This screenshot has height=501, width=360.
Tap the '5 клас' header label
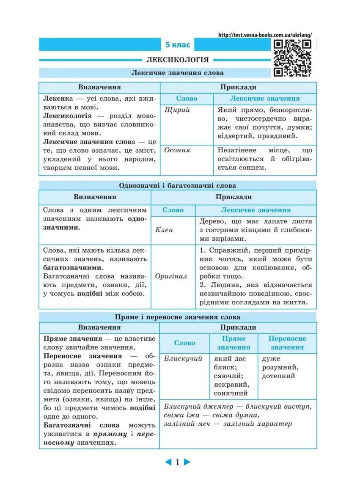pyautogui.click(x=178, y=44)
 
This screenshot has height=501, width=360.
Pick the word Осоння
pyautogui.click(x=177, y=150)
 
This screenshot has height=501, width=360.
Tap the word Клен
pyautogui.click(x=164, y=230)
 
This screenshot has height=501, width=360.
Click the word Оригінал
pyautogui.click(x=171, y=276)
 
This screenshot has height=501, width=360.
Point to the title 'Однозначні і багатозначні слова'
pyautogui.click(x=177, y=186)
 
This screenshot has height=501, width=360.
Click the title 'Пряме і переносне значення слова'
pyautogui.click(x=177, y=317)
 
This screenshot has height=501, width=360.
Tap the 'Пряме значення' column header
pyautogui.click(x=234, y=343)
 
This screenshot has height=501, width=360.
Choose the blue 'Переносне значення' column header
pyautogui.click(x=287, y=343)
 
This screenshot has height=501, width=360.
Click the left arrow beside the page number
pyautogui.click(x=168, y=462)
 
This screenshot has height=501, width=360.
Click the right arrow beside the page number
pyautogui.click(x=187, y=462)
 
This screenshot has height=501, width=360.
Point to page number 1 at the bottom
pyautogui.click(x=178, y=462)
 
